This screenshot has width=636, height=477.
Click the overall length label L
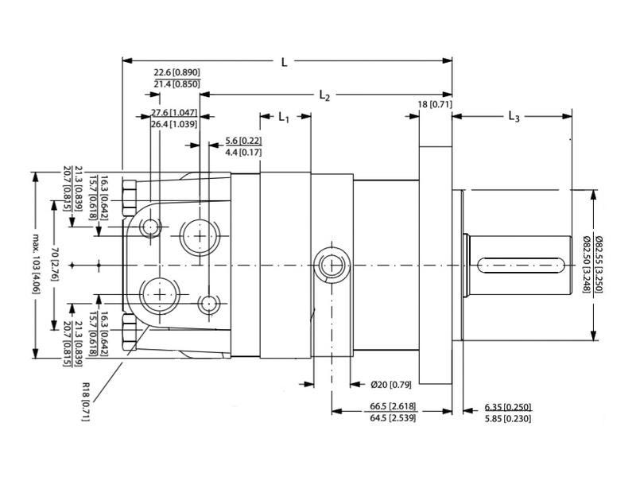285,62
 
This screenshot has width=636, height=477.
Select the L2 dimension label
324,95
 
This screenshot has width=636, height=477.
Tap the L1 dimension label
284,118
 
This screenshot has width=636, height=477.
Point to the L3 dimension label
514,117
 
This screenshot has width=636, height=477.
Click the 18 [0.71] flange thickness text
435,104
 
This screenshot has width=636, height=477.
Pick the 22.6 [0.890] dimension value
176,72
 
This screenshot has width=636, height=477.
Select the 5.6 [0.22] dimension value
243,141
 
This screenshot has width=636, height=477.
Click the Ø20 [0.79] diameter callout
390,384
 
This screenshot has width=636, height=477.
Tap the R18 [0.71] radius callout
85,401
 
